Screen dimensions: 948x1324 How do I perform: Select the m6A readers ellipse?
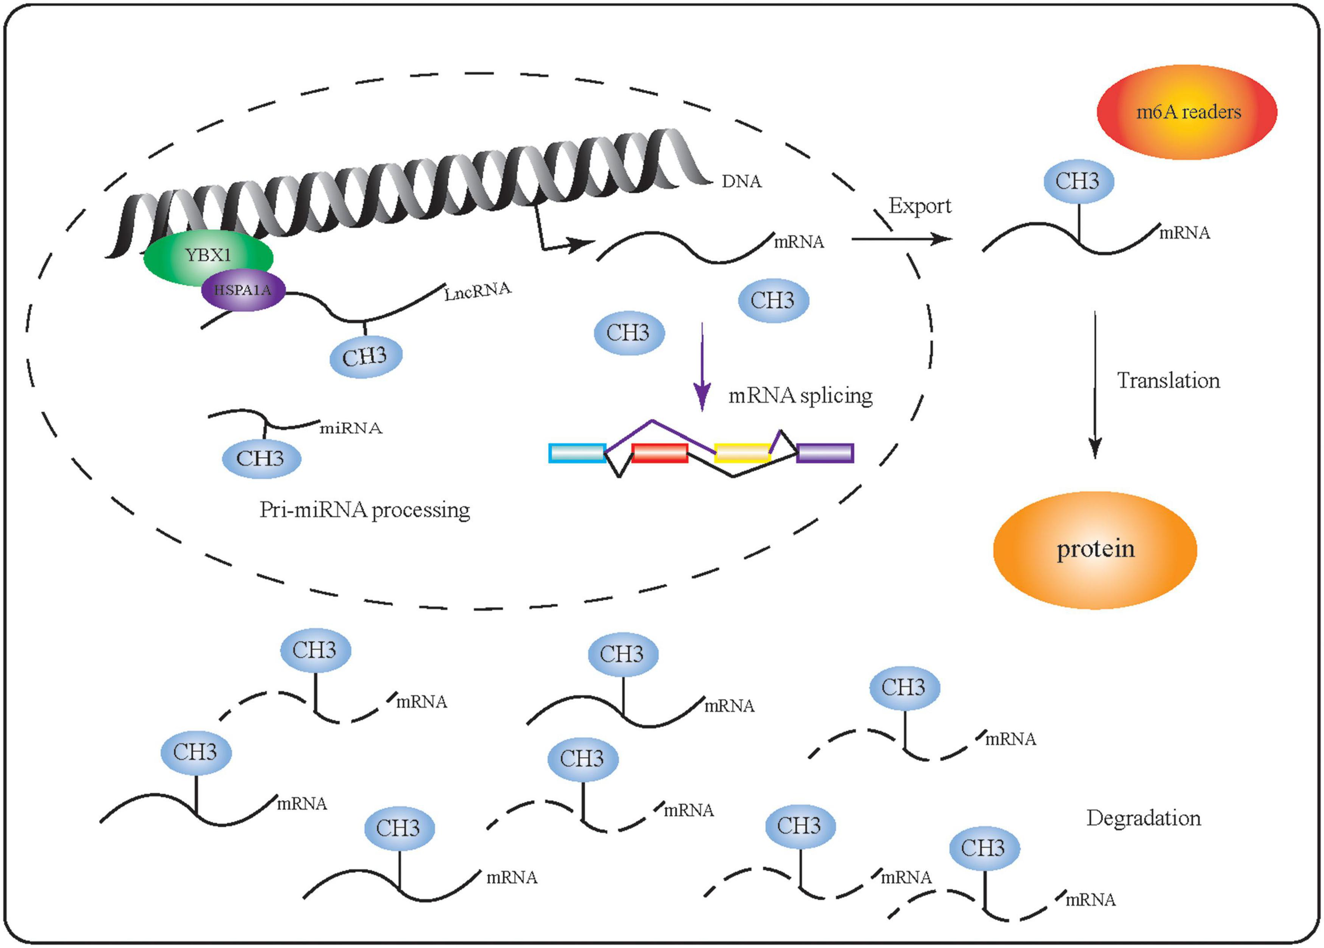pyautogui.click(x=1187, y=112)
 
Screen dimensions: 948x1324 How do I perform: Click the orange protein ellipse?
pyautogui.click(x=1095, y=549)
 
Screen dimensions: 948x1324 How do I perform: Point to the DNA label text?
pyautogui.click(x=741, y=182)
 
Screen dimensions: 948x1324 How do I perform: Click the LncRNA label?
pyautogui.click(x=477, y=291)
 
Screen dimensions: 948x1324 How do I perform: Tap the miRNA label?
pyautogui.click(x=350, y=428)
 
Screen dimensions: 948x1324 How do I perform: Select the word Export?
pyautogui.click(x=919, y=206)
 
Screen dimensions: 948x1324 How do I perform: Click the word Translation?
pyautogui.click(x=1168, y=381)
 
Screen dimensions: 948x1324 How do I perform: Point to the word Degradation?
pyautogui.click(x=1143, y=818)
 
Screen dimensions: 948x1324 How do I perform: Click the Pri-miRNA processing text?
pyautogui.click(x=364, y=510)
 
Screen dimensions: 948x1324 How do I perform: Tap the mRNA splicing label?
pyautogui.click(x=800, y=396)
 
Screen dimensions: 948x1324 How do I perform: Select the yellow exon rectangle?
pyautogui.click(x=742, y=453)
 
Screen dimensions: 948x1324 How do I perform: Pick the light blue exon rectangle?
pyautogui.click(x=577, y=453)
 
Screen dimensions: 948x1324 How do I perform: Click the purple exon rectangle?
pyautogui.click(x=825, y=453)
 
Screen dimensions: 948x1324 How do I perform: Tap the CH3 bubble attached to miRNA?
pyautogui.click(x=261, y=459)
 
